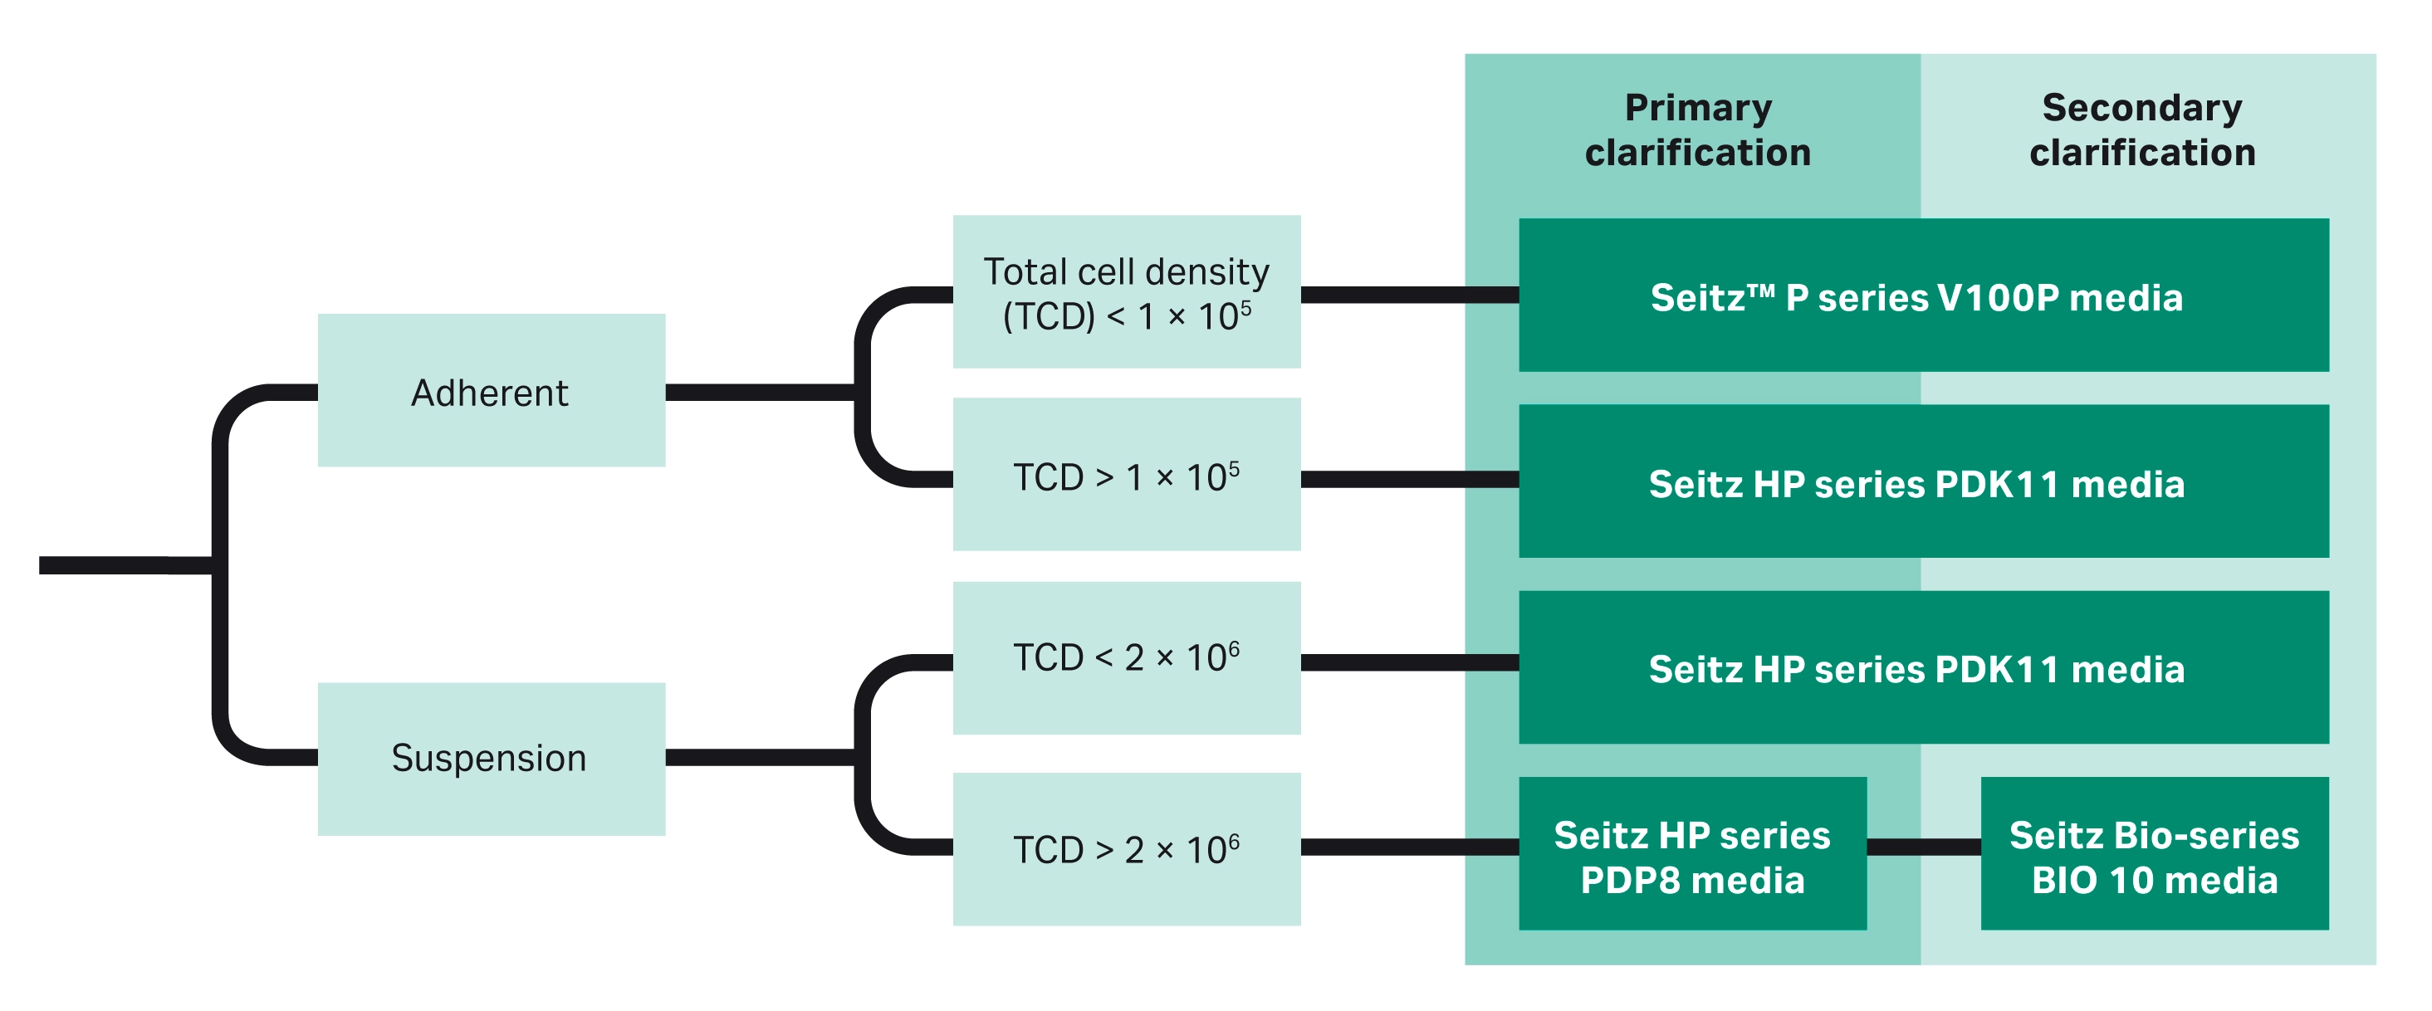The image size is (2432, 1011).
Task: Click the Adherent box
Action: click(x=491, y=390)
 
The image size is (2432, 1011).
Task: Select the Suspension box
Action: click(x=491, y=758)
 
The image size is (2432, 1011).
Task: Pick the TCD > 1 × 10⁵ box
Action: click(x=1126, y=475)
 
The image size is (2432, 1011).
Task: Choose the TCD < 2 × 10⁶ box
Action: click(x=1126, y=658)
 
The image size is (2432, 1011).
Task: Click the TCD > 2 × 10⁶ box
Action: click(x=1126, y=848)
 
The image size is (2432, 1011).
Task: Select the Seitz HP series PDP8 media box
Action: click(x=1692, y=853)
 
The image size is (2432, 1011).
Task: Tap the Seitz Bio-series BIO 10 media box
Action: click(x=2154, y=853)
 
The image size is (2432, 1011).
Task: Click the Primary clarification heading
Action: click(x=1697, y=130)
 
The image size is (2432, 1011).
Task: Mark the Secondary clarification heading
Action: click(x=2142, y=130)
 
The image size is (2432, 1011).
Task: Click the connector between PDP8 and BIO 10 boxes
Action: click(x=1923, y=847)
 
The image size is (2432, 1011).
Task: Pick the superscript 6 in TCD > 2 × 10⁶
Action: click(x=1234, y=838)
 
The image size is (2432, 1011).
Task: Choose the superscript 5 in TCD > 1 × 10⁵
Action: click(x=1234, y=466)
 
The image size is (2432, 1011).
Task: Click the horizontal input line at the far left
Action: click(x=123, y=564)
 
